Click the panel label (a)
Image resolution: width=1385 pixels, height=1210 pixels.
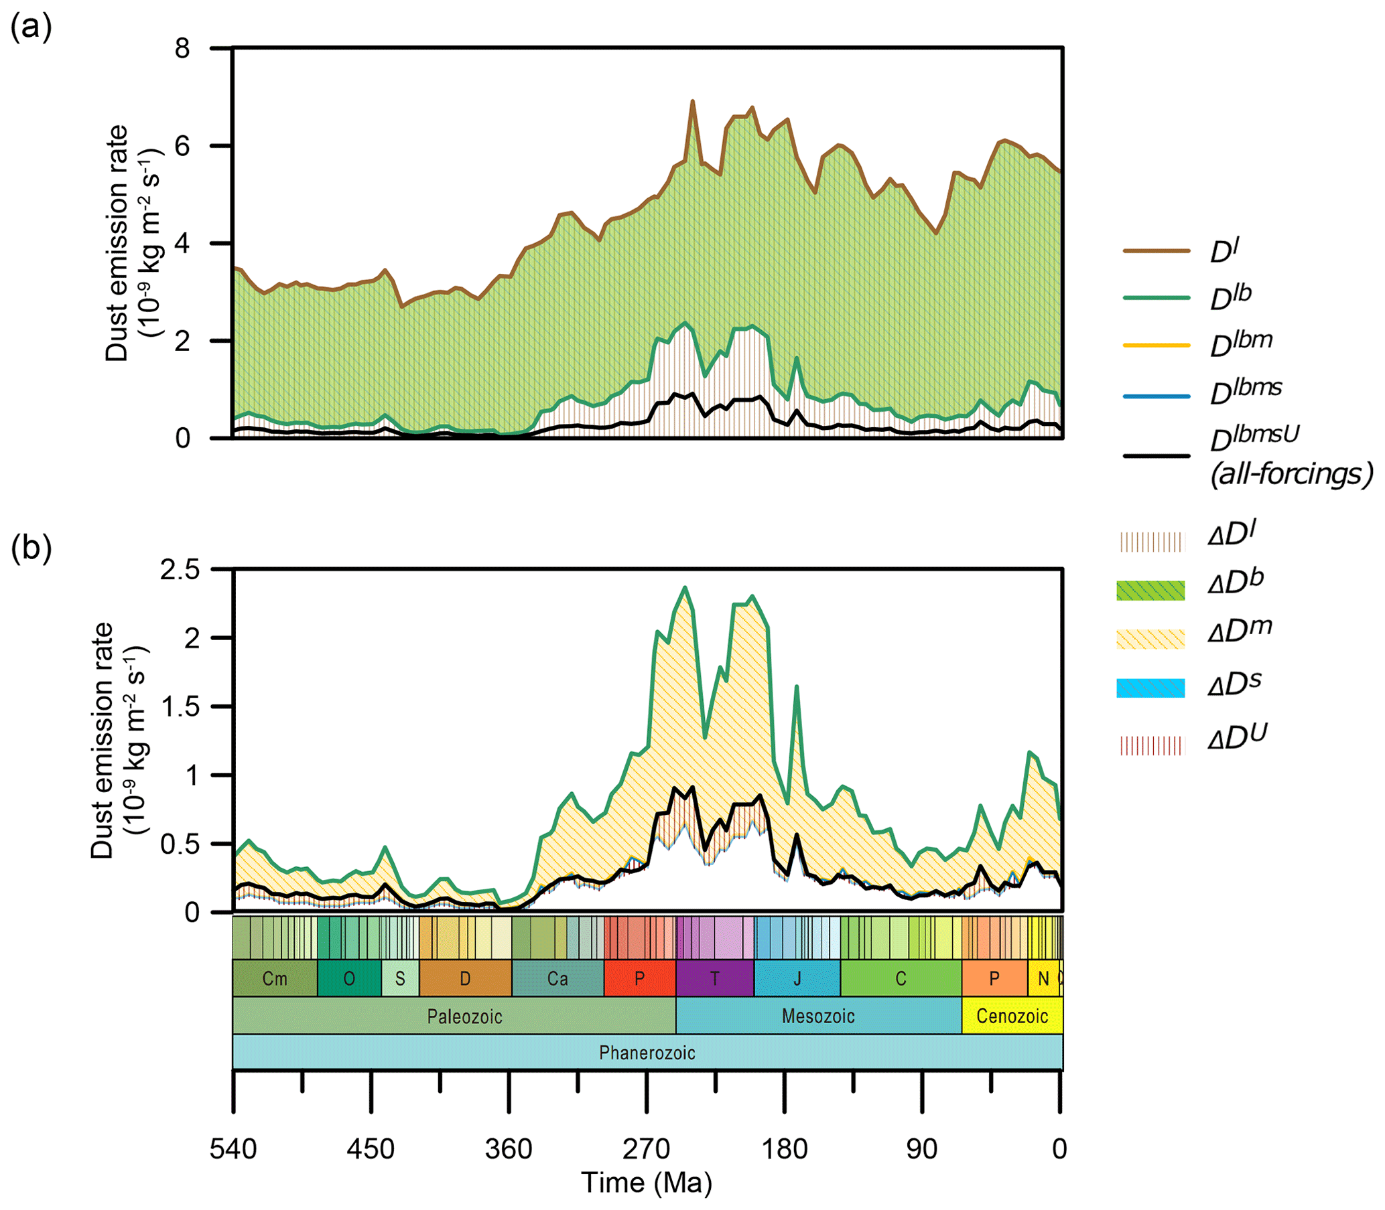point(31,28)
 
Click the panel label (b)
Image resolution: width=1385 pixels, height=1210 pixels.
point(31,548)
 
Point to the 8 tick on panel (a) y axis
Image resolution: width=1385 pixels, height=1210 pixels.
point(182,49)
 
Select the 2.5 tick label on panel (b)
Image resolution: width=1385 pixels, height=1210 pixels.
point(180,570)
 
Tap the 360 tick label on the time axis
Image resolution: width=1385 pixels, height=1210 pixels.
point(509,1148)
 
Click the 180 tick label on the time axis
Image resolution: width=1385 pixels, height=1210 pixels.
point(785,1148)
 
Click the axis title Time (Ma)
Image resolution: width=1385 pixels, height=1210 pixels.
point(647,1183)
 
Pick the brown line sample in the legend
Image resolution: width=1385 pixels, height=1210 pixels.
point(1156,250)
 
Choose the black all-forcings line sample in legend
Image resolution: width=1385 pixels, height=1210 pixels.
point(1156,456)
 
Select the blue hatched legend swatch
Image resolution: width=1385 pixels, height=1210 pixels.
point(1150,688)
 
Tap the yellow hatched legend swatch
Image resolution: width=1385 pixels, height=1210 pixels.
point(1150,639)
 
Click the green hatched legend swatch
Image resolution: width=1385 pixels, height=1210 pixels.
point(1150,590)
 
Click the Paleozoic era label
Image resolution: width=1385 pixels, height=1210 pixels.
point(464,1016)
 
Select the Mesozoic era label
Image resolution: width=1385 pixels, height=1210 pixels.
point(818,1016)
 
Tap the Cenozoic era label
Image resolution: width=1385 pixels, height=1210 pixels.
point(1012,1016)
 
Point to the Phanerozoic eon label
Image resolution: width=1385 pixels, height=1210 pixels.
point(647,1053)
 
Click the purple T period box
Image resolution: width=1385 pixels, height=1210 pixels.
point(715,978)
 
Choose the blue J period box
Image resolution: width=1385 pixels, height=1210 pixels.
point(797,978)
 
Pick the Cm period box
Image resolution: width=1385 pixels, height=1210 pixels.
point(275,978)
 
